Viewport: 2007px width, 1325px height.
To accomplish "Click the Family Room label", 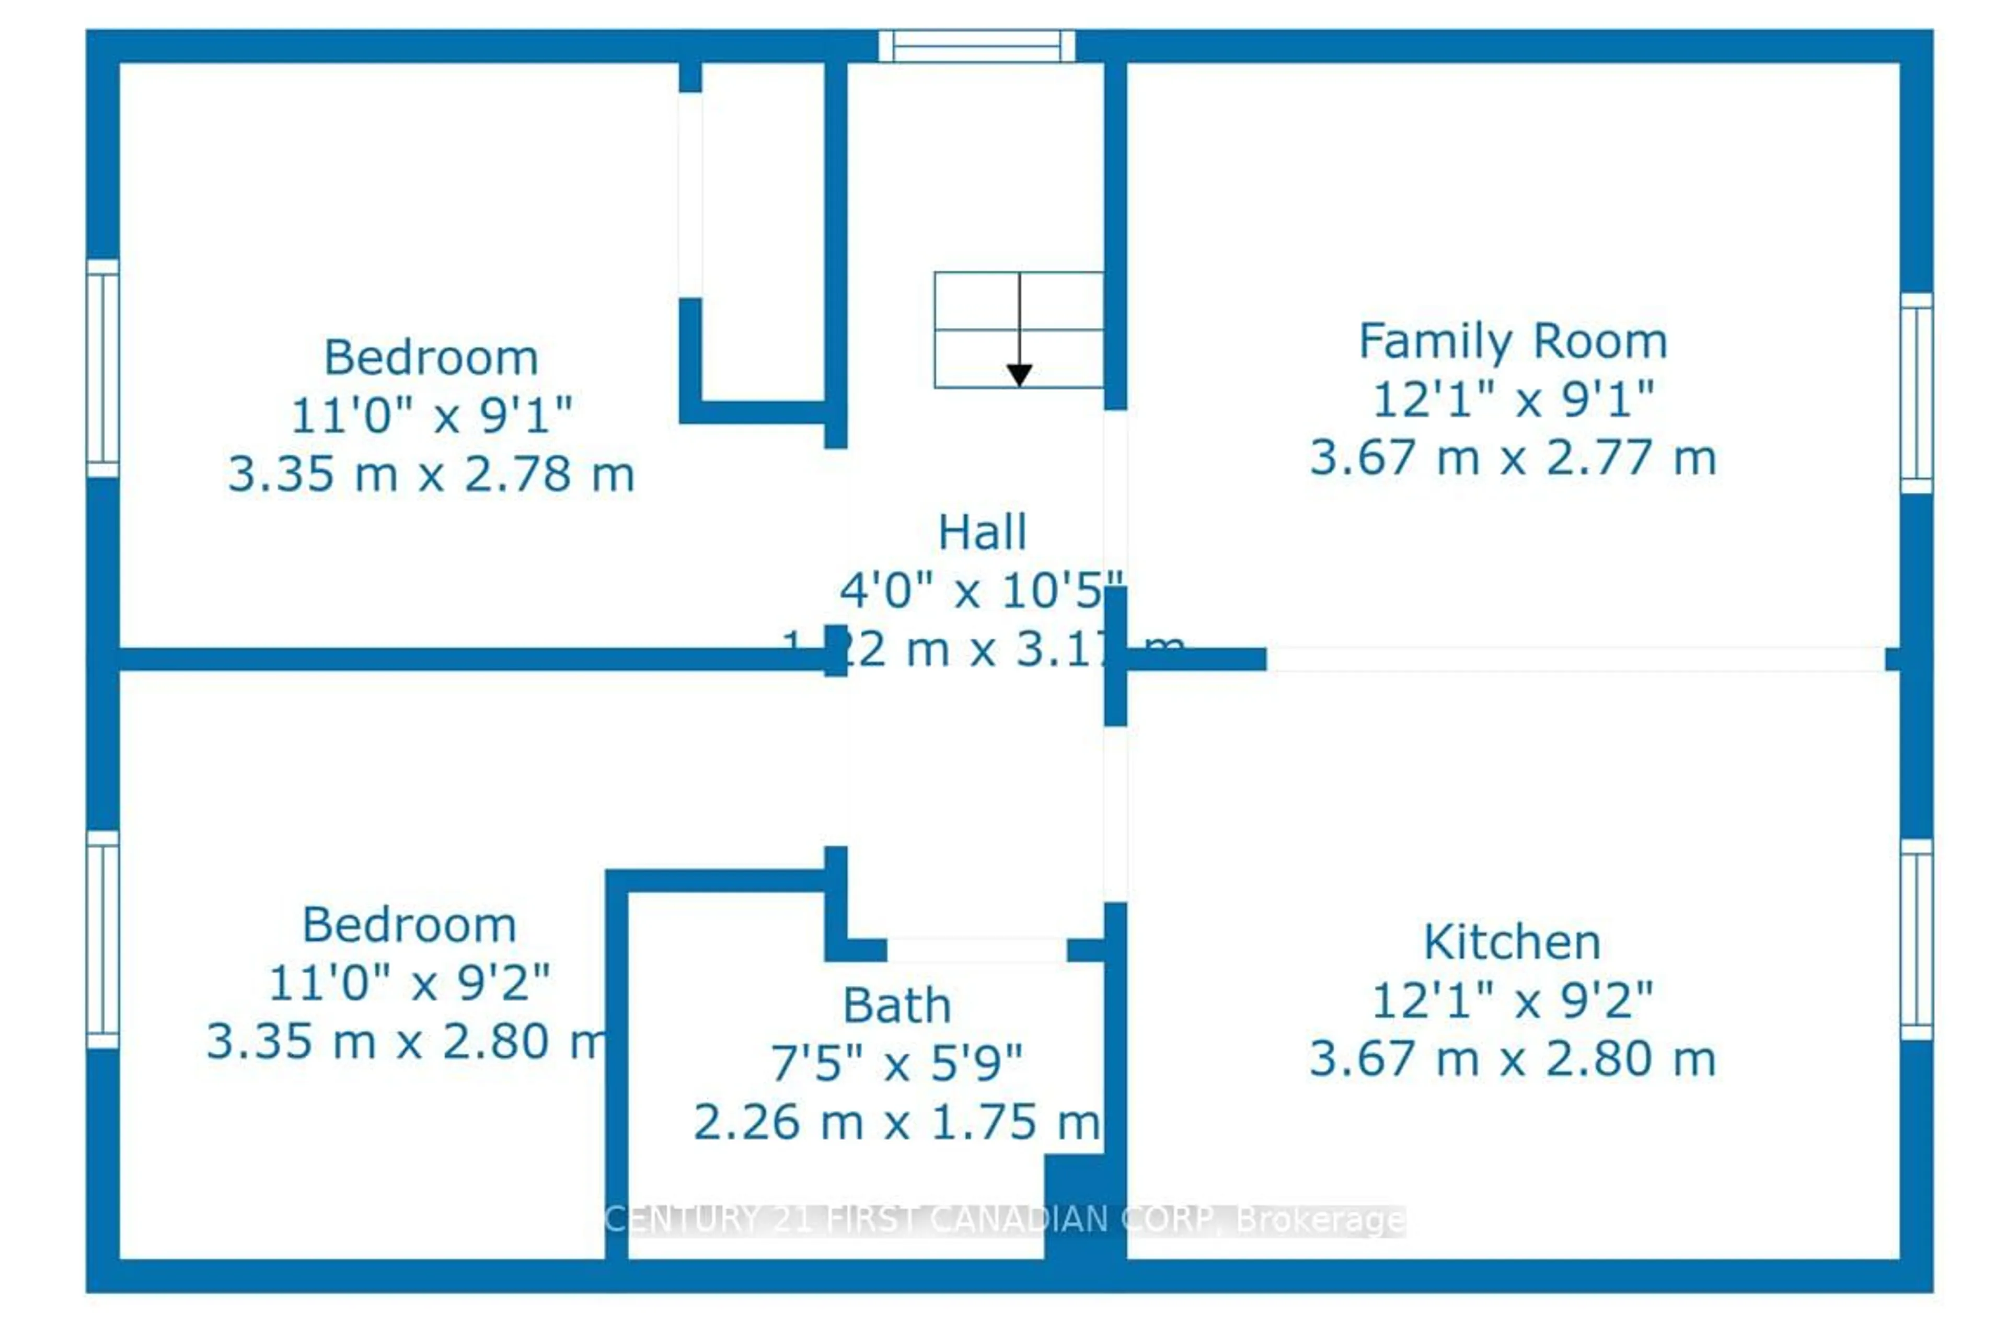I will [1512, 342].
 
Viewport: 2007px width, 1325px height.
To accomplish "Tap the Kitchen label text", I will [1512, 942].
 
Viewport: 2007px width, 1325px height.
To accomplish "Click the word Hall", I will [982, 533].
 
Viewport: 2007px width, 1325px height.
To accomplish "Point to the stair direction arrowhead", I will [1019, 374].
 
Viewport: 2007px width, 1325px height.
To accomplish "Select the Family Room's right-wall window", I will [1917, 393].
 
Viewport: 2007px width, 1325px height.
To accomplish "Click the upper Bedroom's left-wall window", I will [102, 367].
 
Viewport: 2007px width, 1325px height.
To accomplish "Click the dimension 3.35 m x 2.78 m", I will [431, 474].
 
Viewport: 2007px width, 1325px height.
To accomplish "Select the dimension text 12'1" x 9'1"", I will [1512, 400].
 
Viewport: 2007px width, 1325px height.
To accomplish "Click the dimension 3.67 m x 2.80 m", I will [1512, 1059].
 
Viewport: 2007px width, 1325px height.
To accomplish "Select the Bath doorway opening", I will [976, 950].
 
